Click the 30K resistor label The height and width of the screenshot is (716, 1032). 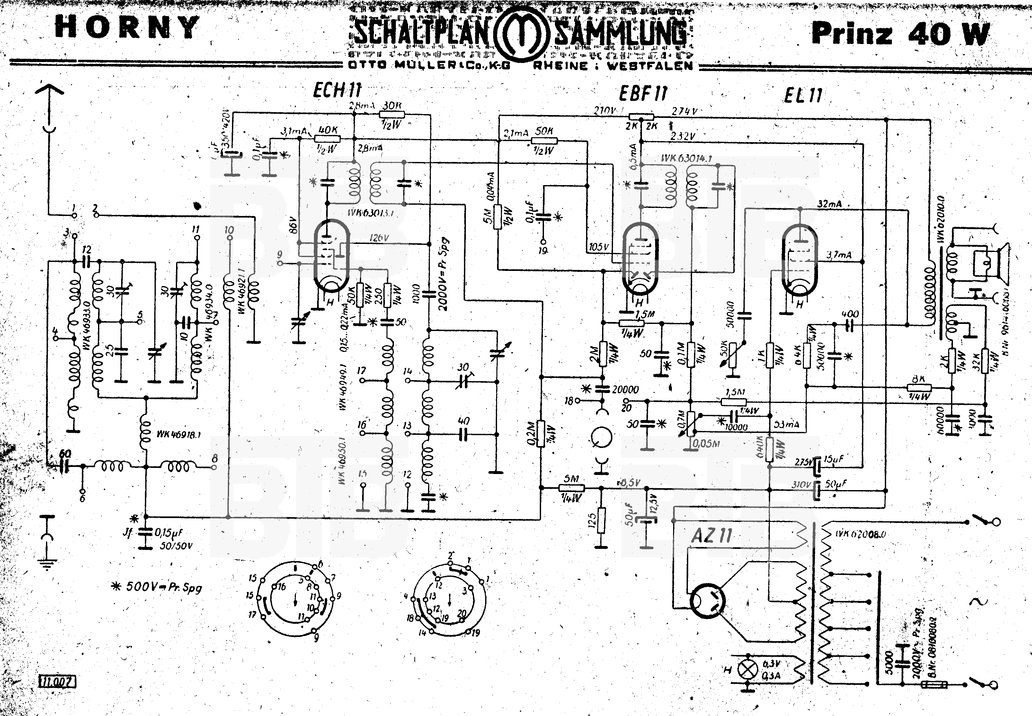pos(392,106)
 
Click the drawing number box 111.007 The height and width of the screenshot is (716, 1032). pos(58,682)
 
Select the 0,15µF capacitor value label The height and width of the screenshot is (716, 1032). pos(169,533)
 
